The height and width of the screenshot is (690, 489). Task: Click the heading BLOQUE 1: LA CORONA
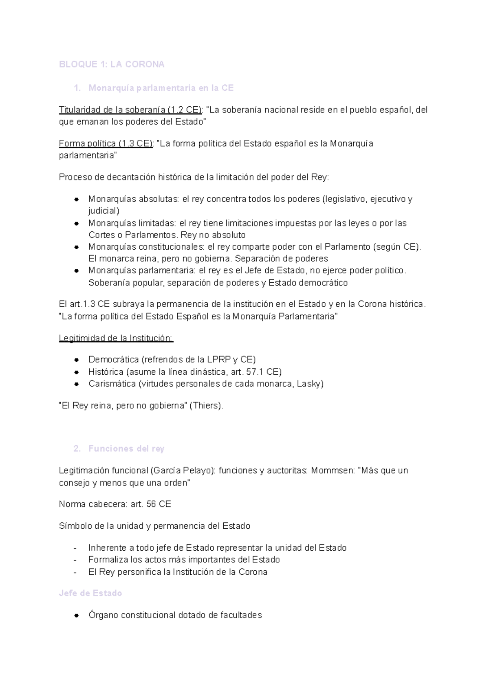111,64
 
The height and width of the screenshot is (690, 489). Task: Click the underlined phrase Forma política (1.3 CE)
106,144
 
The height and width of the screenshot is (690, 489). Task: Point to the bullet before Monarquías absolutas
76,200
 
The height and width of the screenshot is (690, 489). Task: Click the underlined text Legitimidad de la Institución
116,338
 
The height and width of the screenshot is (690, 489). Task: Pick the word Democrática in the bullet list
114,360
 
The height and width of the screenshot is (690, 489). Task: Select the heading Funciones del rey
126,449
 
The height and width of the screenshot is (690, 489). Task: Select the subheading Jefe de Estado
90,593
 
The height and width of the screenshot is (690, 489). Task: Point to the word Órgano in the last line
103,615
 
